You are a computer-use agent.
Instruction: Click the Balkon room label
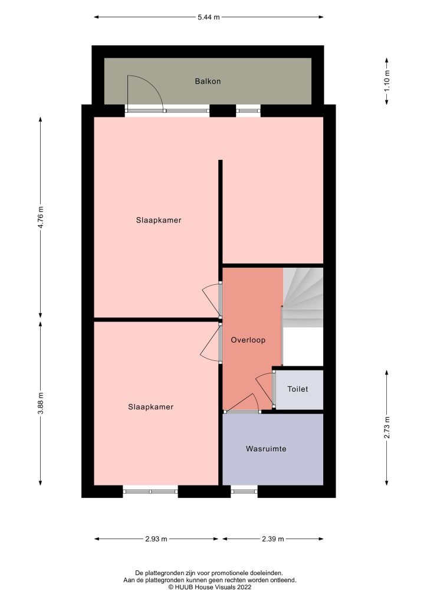tap(208, 81)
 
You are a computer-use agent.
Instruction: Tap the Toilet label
tap(298, 389)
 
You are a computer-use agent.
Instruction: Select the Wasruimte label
tap(266, 449)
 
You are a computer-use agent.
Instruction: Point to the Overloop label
tap(248, 340)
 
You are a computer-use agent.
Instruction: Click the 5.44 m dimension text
tap(209, 17)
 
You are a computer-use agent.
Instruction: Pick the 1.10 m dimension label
tap(386, 81)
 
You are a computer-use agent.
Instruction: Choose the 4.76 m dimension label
tap(41, 218)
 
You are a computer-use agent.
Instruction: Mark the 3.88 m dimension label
tap(41, 403)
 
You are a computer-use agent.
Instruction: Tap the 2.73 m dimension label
tap(386, 428)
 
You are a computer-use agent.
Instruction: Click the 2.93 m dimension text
tap(156, 539)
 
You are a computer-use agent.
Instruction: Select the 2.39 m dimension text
tap(272, 539)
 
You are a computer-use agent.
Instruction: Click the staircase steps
tap(303, 297)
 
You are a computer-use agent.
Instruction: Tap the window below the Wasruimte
tap(244, 491)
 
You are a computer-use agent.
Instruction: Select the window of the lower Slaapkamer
tap(150, 491)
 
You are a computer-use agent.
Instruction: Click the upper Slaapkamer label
tap(159, 221)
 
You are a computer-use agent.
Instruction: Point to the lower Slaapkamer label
tap(151, 407)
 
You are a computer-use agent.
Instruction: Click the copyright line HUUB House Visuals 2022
tap(210, 587)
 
